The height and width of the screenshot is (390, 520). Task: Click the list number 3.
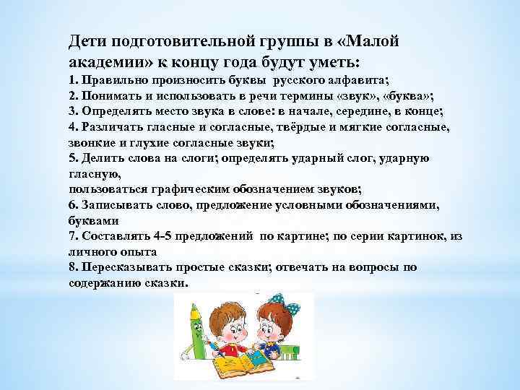73,111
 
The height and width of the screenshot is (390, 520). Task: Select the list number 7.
73,236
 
